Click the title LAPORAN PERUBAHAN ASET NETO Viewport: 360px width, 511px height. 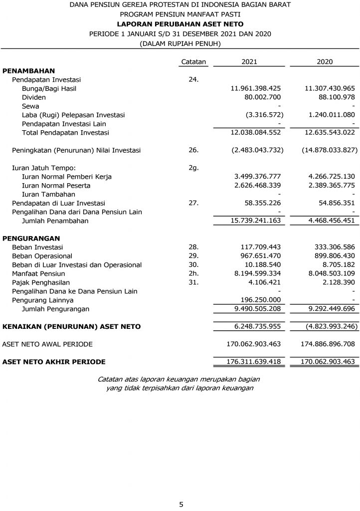click(x=180, y=24)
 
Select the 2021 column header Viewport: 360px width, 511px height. click(x=249, y=61)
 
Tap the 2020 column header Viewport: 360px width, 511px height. click(x=325, y=61)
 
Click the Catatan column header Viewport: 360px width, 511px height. click(x=193, y=61)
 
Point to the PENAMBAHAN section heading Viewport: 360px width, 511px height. click(x=28, y=71)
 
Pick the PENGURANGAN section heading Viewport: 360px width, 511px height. click(x=31, y=238)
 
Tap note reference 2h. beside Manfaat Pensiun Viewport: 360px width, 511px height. click(x=193, y=274)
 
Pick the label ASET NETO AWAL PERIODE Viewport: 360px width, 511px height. click(x=47, y=344)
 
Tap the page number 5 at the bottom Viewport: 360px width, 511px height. click(x=181, y=505)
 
